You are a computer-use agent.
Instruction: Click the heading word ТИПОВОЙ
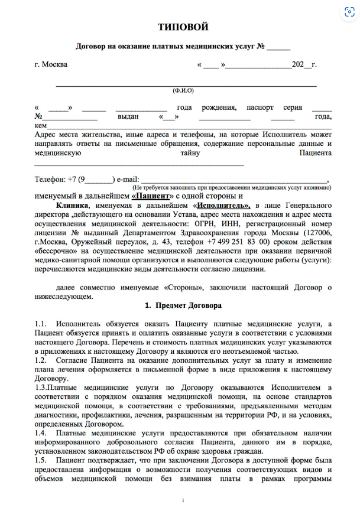tap(183, 27)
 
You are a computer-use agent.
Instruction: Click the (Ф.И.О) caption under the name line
tap(183, 91)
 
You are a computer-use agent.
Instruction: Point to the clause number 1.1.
tap(40, 324)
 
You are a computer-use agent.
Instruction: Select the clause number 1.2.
tap(40, 360)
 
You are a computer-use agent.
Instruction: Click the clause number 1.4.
tap(40, 432)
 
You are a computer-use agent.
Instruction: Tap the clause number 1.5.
tap(40, 460)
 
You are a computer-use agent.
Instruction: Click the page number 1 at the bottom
tap(183, 501)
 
